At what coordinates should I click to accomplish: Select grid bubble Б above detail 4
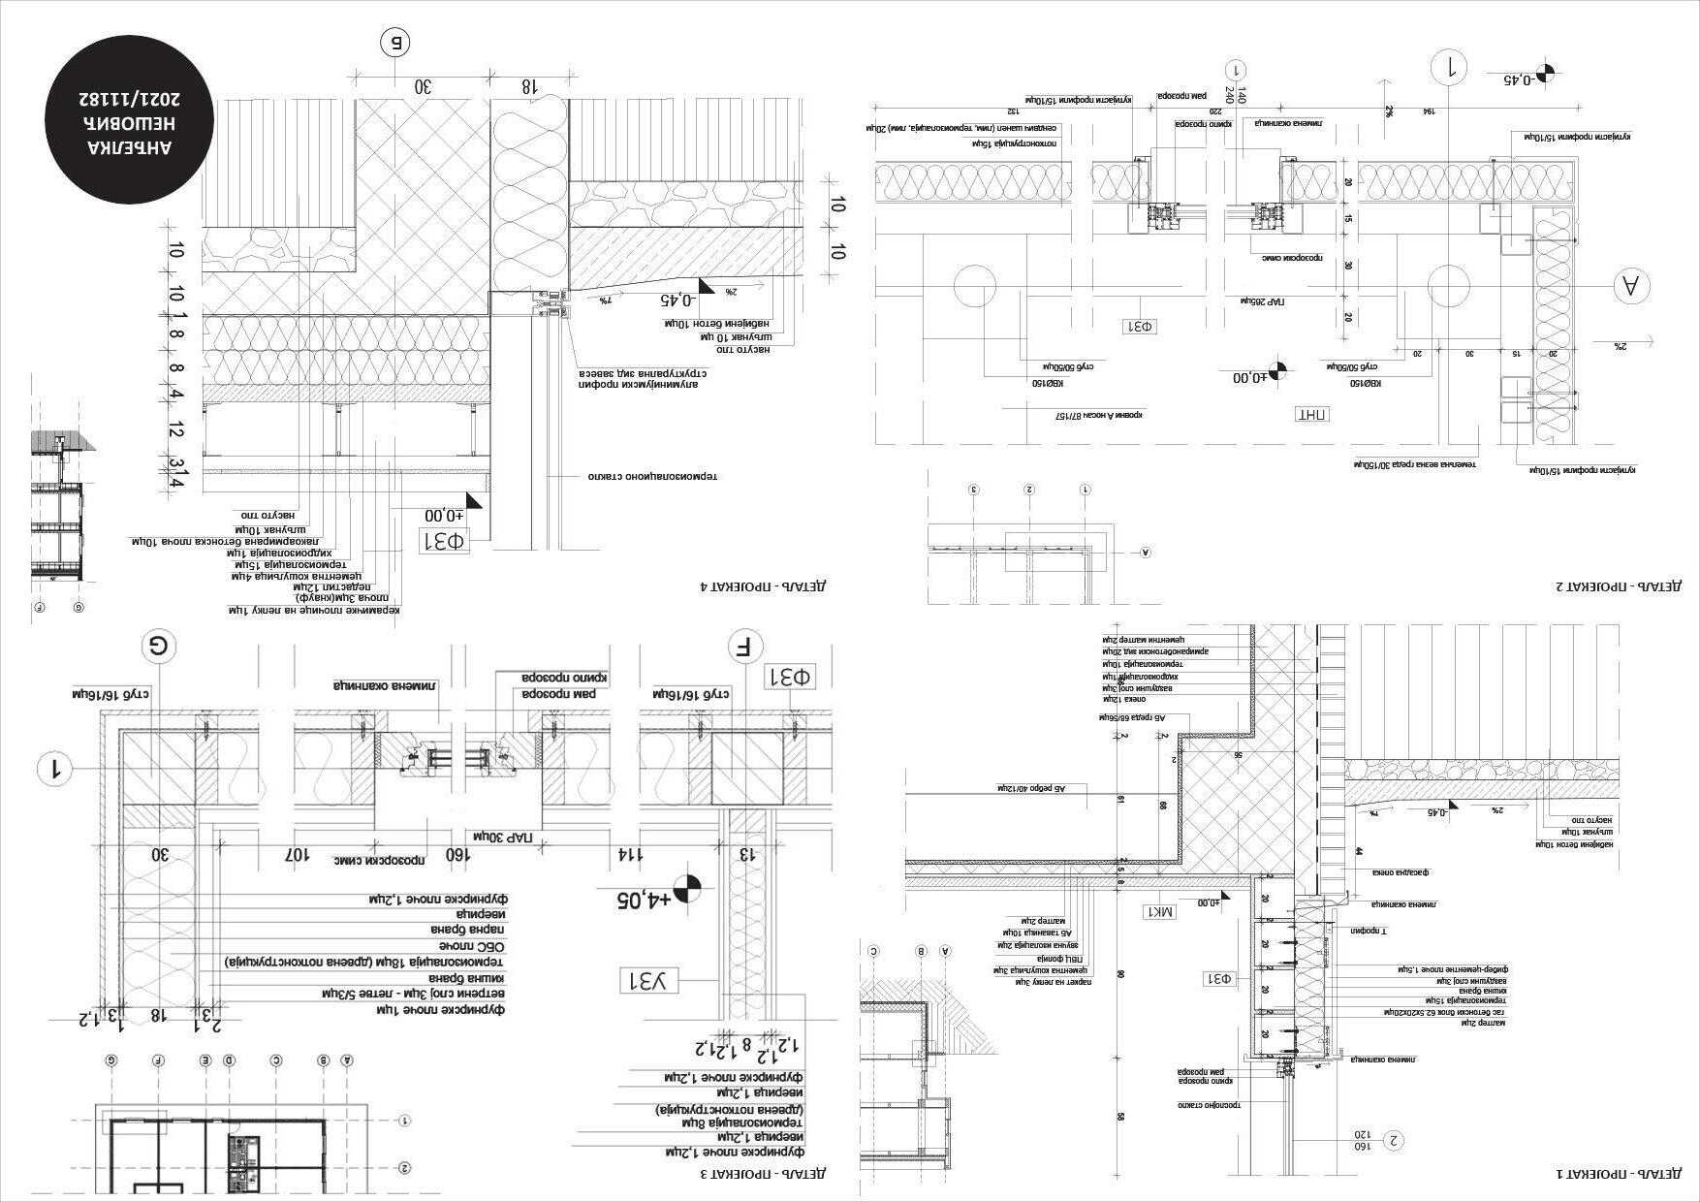pyautogui.click(x=395, y=43)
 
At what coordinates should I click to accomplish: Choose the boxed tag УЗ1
pyautogui.click(x=653, y=981)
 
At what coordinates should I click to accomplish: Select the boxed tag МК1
pyautogui.click(x=1160, y=911)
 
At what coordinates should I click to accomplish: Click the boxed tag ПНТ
pyautogui.click(x=1312, y=414)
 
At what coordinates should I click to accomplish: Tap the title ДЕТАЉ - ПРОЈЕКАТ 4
pyautogui.click(x=766, y=586)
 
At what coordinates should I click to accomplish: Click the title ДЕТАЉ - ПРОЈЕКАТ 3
pyautogui.click(x=766, y=1174)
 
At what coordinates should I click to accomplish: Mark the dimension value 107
pyautogui.click(x=297, y=855)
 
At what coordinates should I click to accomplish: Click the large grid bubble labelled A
pyautogui.click(x=1631, y=286)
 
